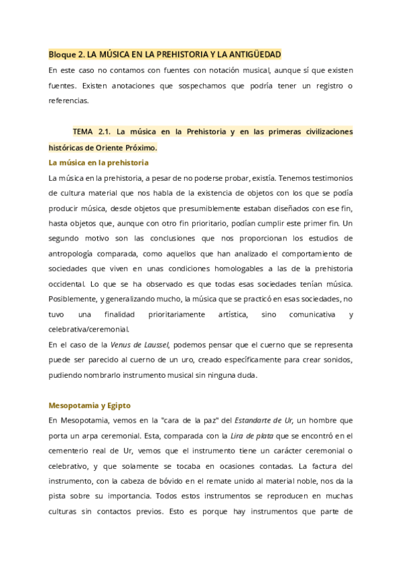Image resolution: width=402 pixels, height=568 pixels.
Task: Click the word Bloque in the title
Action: click(62, 54)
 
